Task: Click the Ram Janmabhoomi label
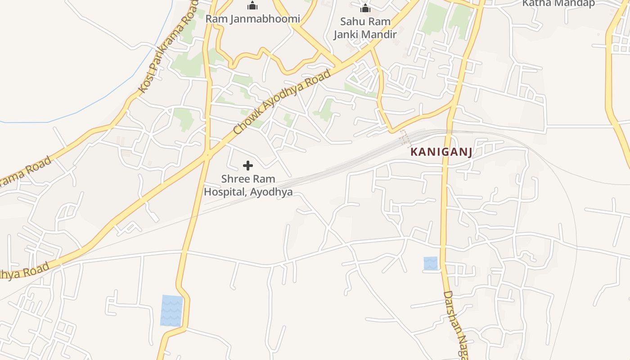click(252, 19)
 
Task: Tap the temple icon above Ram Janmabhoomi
click(252, 6)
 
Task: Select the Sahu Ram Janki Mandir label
click(365, 28)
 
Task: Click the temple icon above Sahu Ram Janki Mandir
click(365, 8)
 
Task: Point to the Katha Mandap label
click(558, 4)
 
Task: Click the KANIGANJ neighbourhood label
click(441, 152)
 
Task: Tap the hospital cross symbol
click(247, 166)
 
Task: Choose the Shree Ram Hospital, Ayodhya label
click(248, 185)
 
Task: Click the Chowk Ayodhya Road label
click(282, 102)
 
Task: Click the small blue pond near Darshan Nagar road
click(430, 263)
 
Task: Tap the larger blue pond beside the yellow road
click(172, 310)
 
